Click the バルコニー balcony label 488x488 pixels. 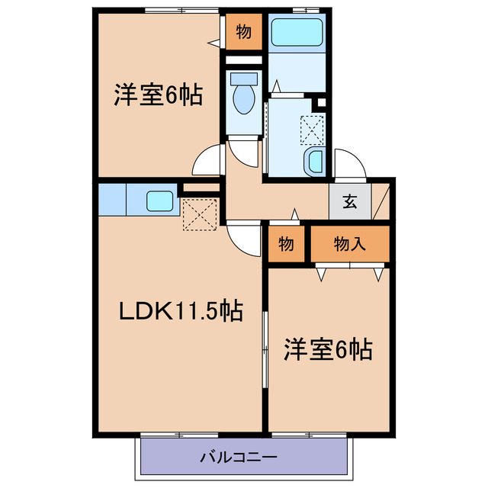coord(239,458)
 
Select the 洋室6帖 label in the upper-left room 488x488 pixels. coord(159,96)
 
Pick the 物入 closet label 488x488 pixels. coord(350,244)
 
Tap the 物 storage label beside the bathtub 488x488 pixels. coord(243,32)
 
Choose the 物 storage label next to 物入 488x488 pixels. coord(286,244)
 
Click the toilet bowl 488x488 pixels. coord(244,100)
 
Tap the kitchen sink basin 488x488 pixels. coord(160,201)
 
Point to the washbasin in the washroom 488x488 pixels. coord(314,162)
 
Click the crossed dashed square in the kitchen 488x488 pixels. coord(201,213)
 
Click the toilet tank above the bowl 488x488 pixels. coord(244,79)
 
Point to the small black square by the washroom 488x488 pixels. coord(322,103)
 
